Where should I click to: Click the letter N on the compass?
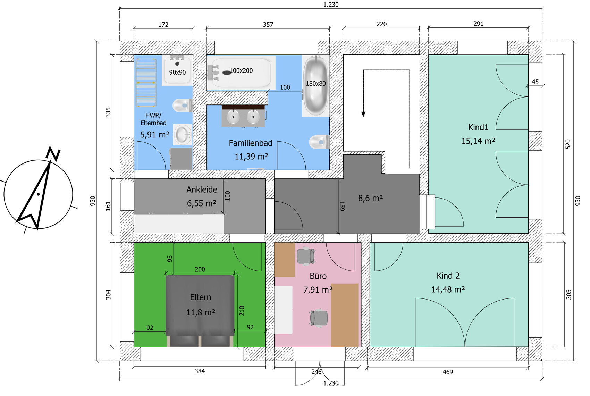pos(53,154)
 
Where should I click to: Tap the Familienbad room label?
pos(251,143)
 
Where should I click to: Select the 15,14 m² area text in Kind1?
pos(478,141)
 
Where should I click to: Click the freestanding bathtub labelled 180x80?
pos(316,86)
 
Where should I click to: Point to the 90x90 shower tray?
pos(177,70)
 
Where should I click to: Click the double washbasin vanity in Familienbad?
pos(243,116)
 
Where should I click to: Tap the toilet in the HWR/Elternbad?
pos(183,106)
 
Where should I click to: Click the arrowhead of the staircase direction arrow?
pos(363,114)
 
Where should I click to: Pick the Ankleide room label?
pos(202,189)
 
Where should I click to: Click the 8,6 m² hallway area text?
pos(370,198)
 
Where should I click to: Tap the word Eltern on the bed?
pos(201,297)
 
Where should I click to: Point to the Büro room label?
pos(318,276)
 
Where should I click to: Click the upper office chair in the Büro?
pos(306,255)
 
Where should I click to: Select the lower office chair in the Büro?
pos(319,318)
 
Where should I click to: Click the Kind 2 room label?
pos(448,276)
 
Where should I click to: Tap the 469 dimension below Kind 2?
pos(448,372)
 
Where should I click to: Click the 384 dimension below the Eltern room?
pos(200,371)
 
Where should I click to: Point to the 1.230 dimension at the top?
pos(331,5)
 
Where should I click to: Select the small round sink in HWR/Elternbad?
pos(183,134)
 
